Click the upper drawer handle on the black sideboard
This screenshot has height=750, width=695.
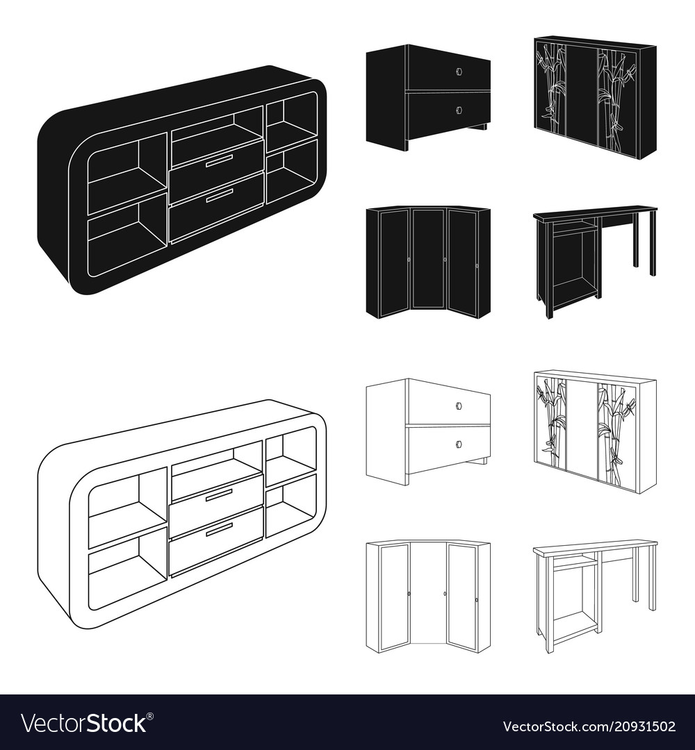click(x=219, y=161)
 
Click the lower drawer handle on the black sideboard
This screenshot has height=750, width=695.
click(x=219, y=195)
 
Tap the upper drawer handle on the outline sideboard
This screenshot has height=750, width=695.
click(x=219, y=496)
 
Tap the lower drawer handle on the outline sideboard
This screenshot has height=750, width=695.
click(x=219, y=530)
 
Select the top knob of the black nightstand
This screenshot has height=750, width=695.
click(x=459, y=71)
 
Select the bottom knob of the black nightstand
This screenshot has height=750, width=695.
click(x=459, y=110)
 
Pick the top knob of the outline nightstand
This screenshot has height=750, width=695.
click(x=459, y=406)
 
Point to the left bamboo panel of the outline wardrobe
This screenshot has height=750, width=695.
click(x=551, y=421)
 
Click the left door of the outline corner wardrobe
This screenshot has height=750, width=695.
click(x=394, y=597)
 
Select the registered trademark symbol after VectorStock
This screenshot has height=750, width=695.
click(x=150, y=716)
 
